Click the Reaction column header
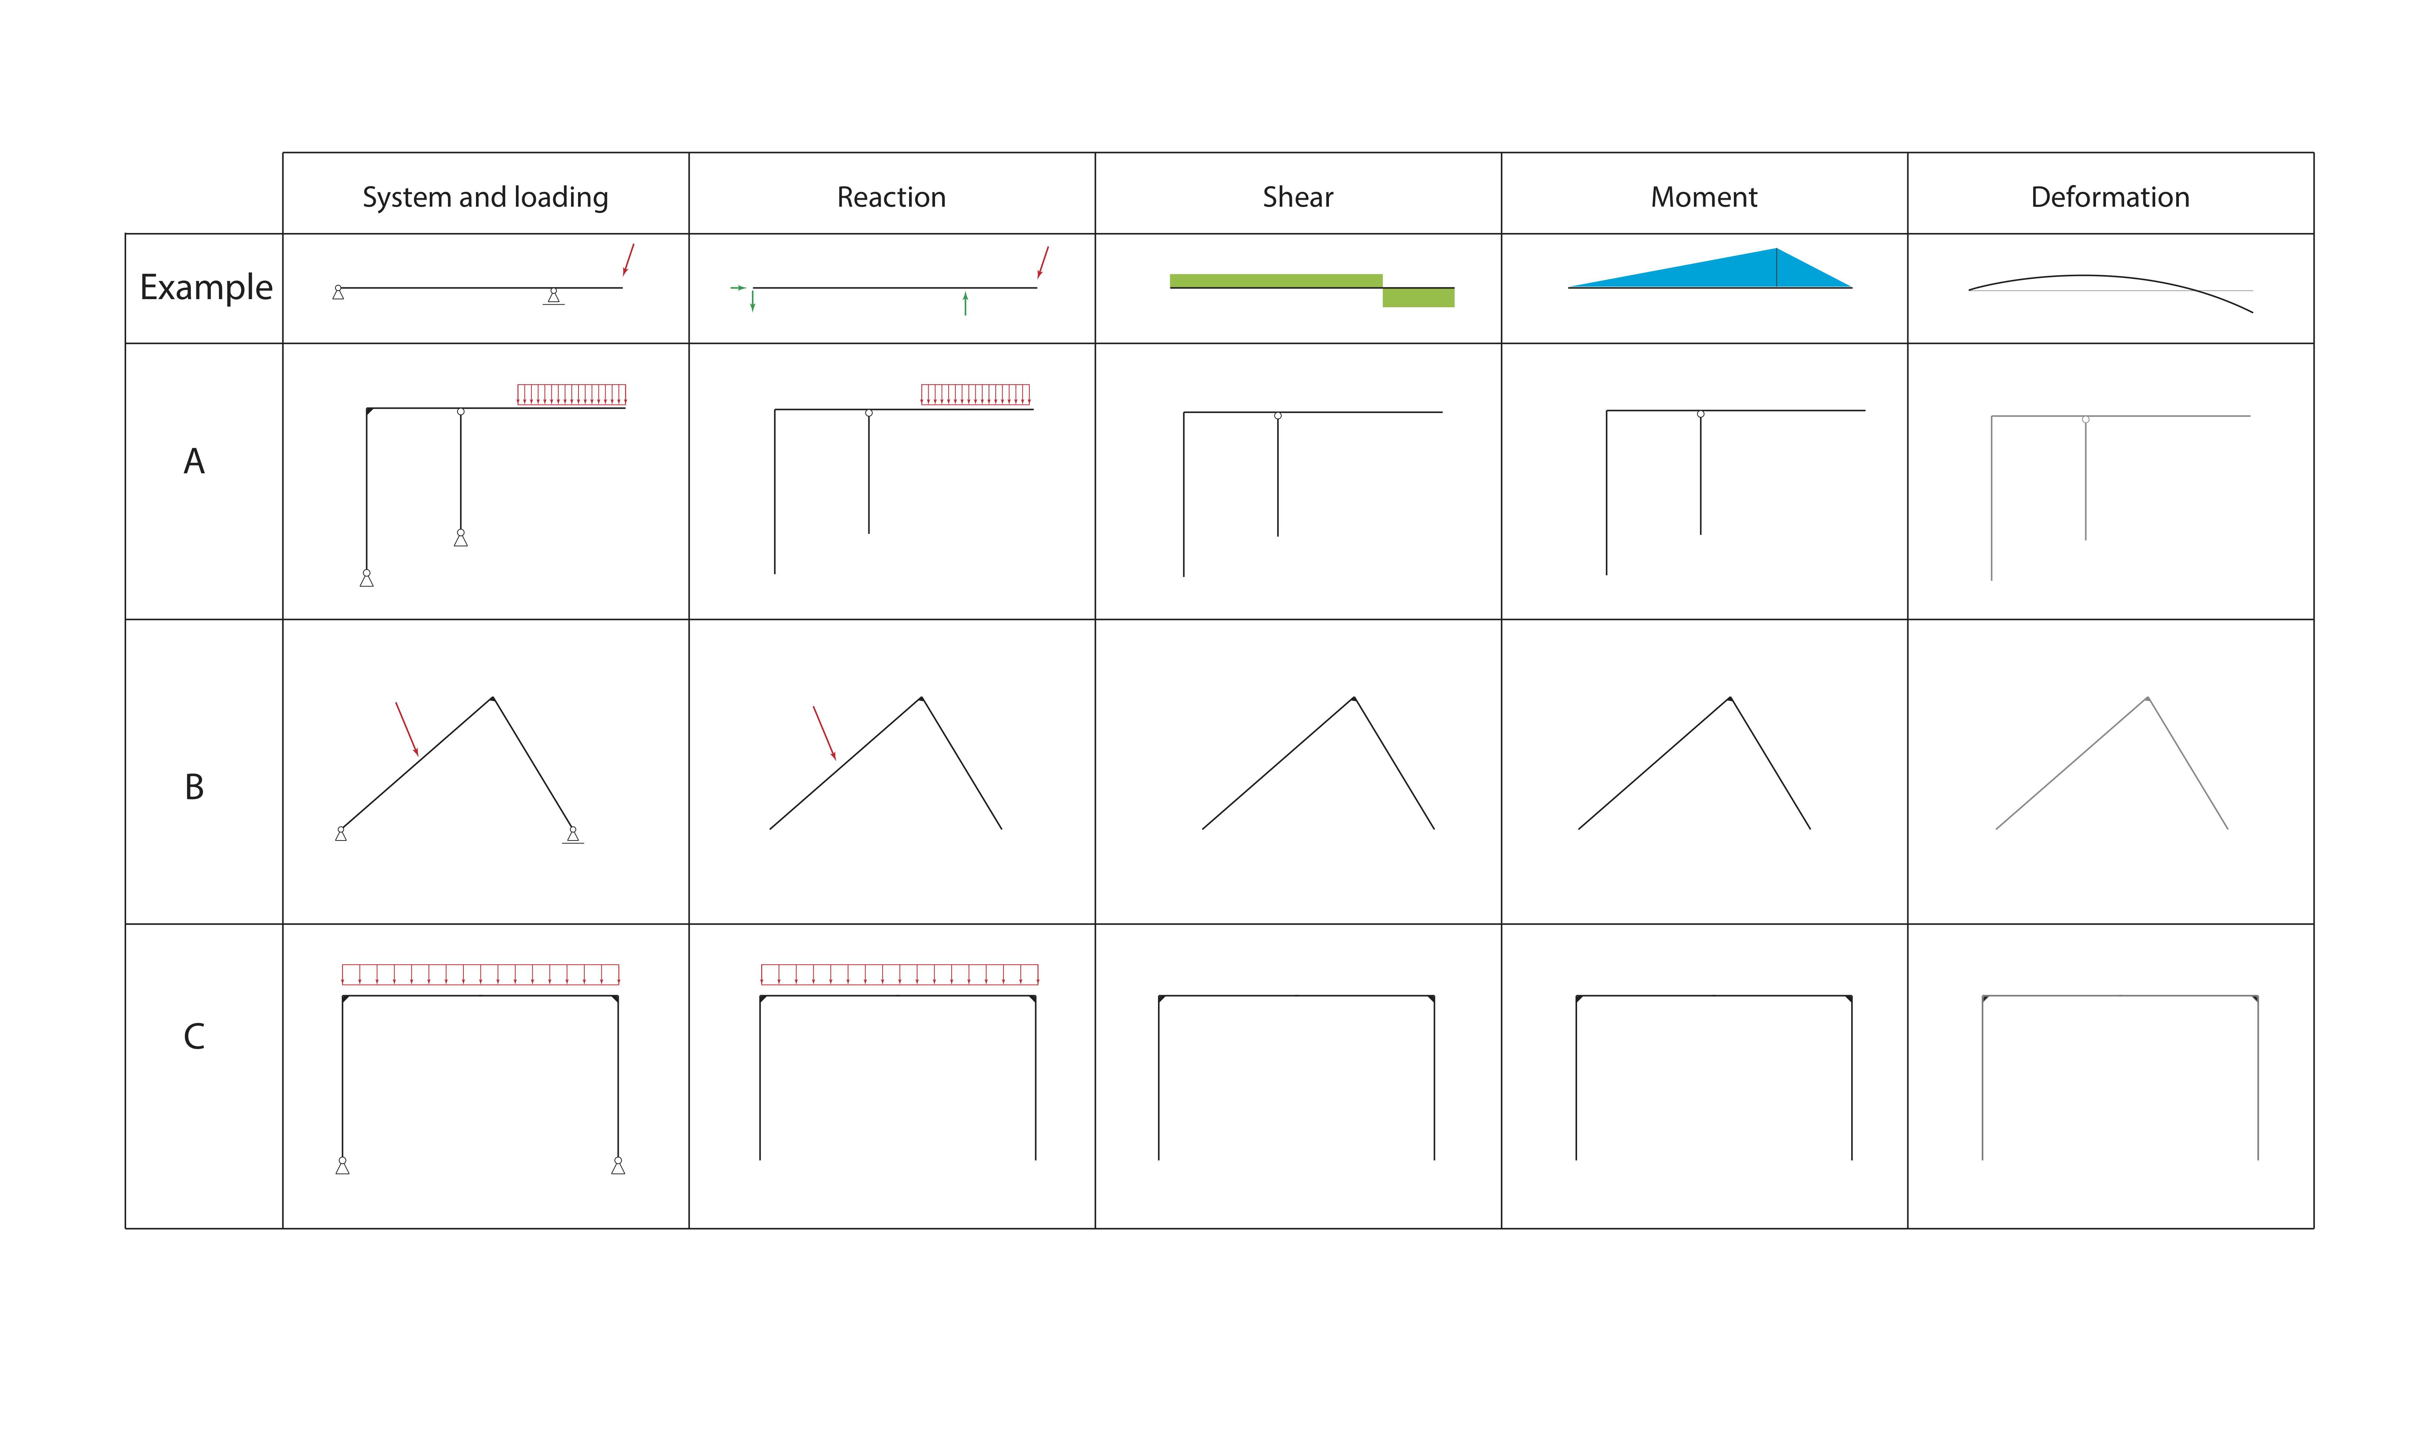891,197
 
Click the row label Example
206,287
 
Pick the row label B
194,787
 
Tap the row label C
194,1036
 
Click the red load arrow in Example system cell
628,259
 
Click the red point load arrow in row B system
407,729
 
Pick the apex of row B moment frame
1730,698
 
